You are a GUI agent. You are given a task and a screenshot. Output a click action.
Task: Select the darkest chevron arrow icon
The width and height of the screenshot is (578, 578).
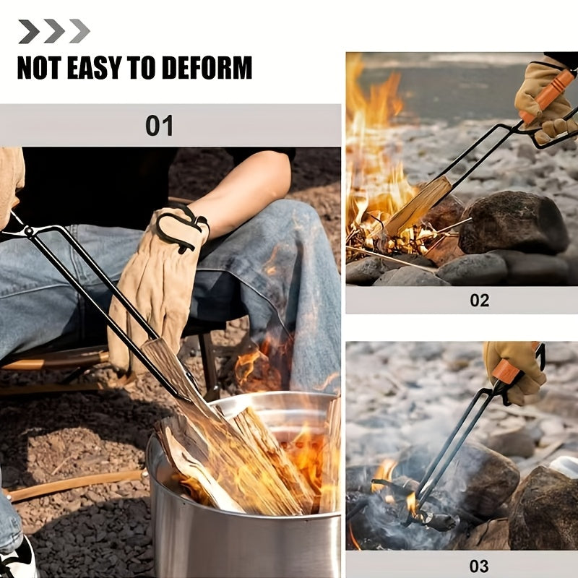[x=29, y=31]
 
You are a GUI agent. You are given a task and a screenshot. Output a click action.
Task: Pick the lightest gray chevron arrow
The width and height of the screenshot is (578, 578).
[x=79, y=31]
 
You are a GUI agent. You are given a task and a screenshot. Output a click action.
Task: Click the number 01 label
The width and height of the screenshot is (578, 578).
[x=159, y=126]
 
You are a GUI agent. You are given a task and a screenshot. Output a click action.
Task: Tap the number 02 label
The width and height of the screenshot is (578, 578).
[x=479, y=300]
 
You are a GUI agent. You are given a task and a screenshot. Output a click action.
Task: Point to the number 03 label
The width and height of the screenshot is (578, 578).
[x=479, y=566]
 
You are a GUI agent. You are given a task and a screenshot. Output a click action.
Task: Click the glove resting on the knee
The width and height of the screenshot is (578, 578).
[x=155, y=282]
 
